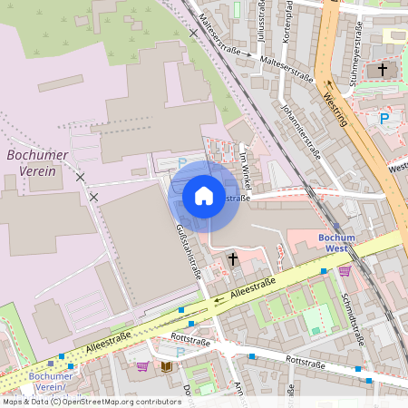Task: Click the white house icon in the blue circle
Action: click(x=204, y=196)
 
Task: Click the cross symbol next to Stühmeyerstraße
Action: click(x=383, y=70)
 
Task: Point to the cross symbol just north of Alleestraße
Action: click(x=233, y=259)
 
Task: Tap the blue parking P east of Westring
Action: click(x=384, y=118)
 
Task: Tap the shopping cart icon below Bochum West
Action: click(x=345, y=270)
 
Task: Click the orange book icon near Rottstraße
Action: click(x=166, y=366)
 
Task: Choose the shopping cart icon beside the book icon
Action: click(x=142, y=366)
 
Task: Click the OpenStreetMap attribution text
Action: click(x=91, y=401)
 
